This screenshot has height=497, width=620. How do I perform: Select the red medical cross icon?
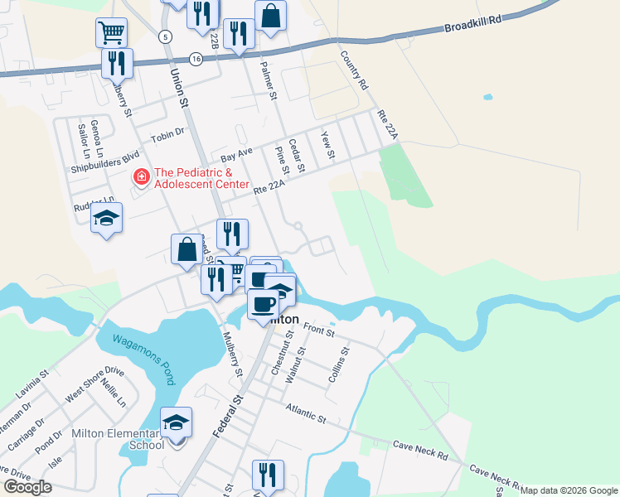click(x=141, y=177)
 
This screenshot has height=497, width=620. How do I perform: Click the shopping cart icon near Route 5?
click(x=111, y=33)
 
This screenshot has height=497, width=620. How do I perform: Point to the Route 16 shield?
click(x=196, y=59)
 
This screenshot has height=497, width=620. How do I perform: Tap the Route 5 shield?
click(x=166, y=37)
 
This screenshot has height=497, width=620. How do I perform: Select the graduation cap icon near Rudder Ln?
click(x=106, y=219)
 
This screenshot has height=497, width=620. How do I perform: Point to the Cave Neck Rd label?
click(x=420, y=450)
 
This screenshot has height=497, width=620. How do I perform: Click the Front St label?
click(x=318, y=331)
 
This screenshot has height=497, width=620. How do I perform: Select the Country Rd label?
click(x=353, y=71)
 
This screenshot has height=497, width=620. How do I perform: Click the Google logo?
click(x=27, y=487)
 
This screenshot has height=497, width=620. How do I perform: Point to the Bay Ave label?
click(x=236, y=155)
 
